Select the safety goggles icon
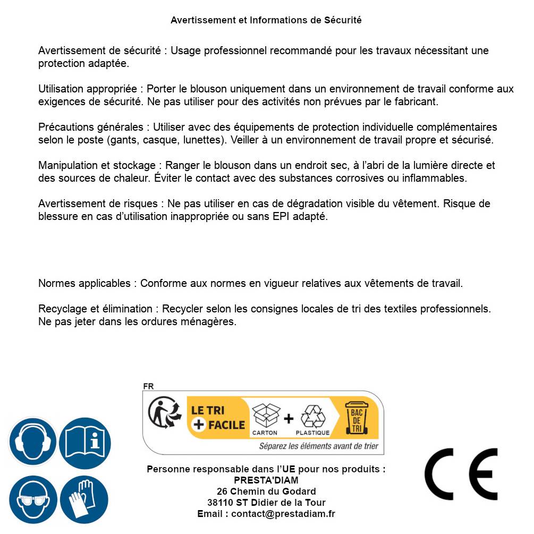click(x=33, y=499)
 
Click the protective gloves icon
click(x=84, y=499)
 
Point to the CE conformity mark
click(x=461, y=474)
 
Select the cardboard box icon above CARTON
click(x=265, y=416)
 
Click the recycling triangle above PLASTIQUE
click(x=312, y=416)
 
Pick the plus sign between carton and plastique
click(x=289, y=419)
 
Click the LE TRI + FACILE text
click(x=218, y=418)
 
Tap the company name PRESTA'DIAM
click(x=266, y=480)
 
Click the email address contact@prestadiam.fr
click(x=283, y=514)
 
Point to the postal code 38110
click(x=219, y=503)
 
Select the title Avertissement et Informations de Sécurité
click(x=266, y=20)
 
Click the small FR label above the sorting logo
click(x=148, y=386)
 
